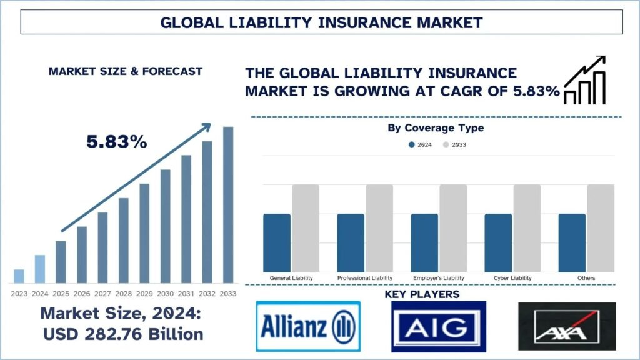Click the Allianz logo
pyautogui.click(x=308, y=327)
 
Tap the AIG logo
pyautogui.click(x=438, y=326)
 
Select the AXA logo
pyautogui.click(x=567, y=326)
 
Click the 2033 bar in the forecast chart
pyautogui.click(x=228, y=204)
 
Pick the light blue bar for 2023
pyautogui.click(x=19, y=276)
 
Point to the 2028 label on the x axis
pyautogui.click(x=123, y=294)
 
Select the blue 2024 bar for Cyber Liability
pyautogui.click(x=498, y=242)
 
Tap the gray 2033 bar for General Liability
pyautogui.click(x=306, y=228)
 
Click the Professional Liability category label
pyautogui.click(x=365, y=277)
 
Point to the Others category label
pyautogui.click(x=587, y=277)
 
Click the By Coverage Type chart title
pyautogui.click(x=436, y=128)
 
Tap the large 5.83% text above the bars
pyautogui.click(x=117, y=142)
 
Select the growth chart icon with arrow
pyautogui.click(x=584, y=79)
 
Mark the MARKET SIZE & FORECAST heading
pyautogui.click(x=125, y=71)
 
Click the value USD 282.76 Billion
pyautogui.click(x=123, y=334)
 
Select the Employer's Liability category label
pyautogui.click(x=438, y=277)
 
